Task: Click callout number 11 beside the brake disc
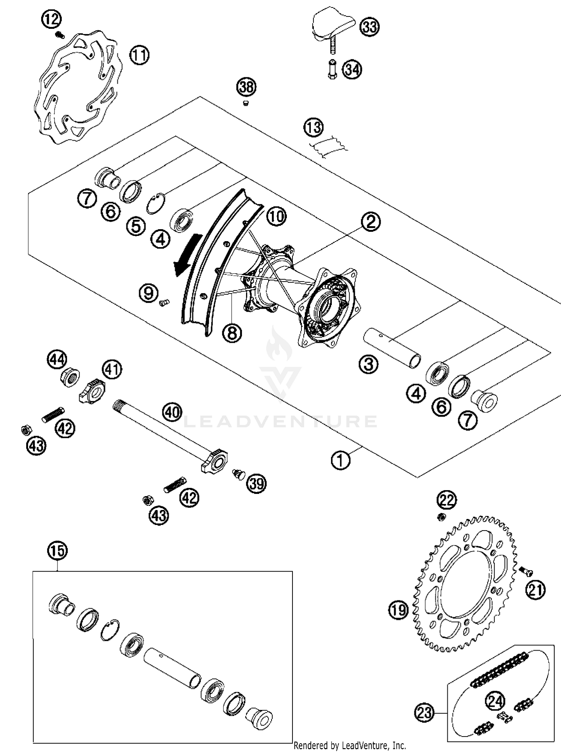click(x=139, y=55)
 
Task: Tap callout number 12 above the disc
click(x=52, y=19)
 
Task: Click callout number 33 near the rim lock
click(x=369, y=27)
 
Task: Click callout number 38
click(x=246, y=87)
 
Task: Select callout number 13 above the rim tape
click(x=313, y=127)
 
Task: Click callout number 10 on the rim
click(x=276, y=216)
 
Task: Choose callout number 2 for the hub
click(x=371, y=222)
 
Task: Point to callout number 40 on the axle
click(x=172, y=412)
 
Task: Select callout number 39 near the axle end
click(x=256, y=483)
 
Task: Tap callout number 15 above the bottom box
click(x=57, y=551)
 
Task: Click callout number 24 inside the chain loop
click(x=495, y=701)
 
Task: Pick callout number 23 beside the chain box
click(x=424, y=713)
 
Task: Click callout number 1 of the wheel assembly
click(x=341, y=460)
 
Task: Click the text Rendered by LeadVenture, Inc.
click(x=350, y=746)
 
